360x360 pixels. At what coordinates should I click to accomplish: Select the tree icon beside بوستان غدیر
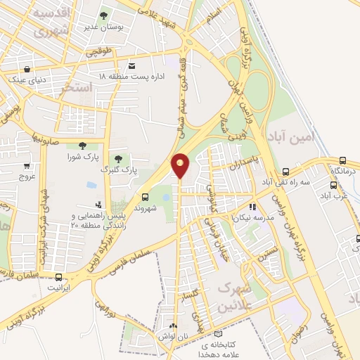(104, 14)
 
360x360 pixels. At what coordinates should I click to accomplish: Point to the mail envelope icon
(131, 65)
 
